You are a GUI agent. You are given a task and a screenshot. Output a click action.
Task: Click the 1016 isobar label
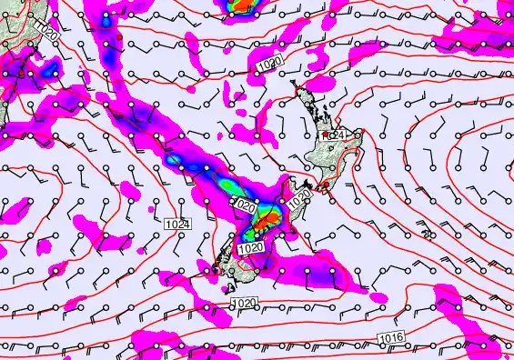coord(388,337)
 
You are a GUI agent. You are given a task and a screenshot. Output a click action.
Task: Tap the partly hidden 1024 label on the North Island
coord(338,135)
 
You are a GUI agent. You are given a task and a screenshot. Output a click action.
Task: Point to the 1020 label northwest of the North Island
coord(268,65)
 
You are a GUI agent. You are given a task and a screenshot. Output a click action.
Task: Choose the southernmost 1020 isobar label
coord(243,303)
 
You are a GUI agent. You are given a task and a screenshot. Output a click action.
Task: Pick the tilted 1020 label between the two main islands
coord(302,195)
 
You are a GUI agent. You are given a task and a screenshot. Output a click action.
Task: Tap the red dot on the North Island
coord(325,135)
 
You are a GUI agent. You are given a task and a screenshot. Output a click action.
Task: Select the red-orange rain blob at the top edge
coord(241,5)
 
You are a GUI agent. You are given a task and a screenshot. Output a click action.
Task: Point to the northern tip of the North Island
coord(295,84)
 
